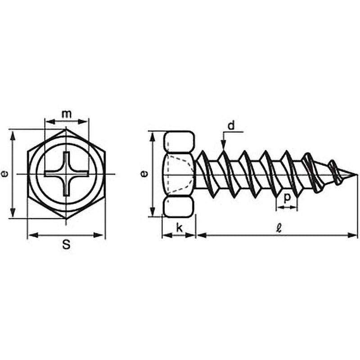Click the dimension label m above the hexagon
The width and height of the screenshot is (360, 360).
tap(67, 114)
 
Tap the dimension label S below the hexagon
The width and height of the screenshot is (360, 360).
tap(66, 245)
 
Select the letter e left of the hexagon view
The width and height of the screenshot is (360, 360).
tap(4, 174)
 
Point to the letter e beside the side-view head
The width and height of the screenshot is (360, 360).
tap(144, 174)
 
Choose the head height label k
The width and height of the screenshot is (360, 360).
tap(179, 228)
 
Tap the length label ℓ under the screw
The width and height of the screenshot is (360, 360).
tap(279, 228)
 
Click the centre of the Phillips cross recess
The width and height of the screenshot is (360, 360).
tap(66, 174)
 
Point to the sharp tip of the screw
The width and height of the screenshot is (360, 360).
tap(357, 175)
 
